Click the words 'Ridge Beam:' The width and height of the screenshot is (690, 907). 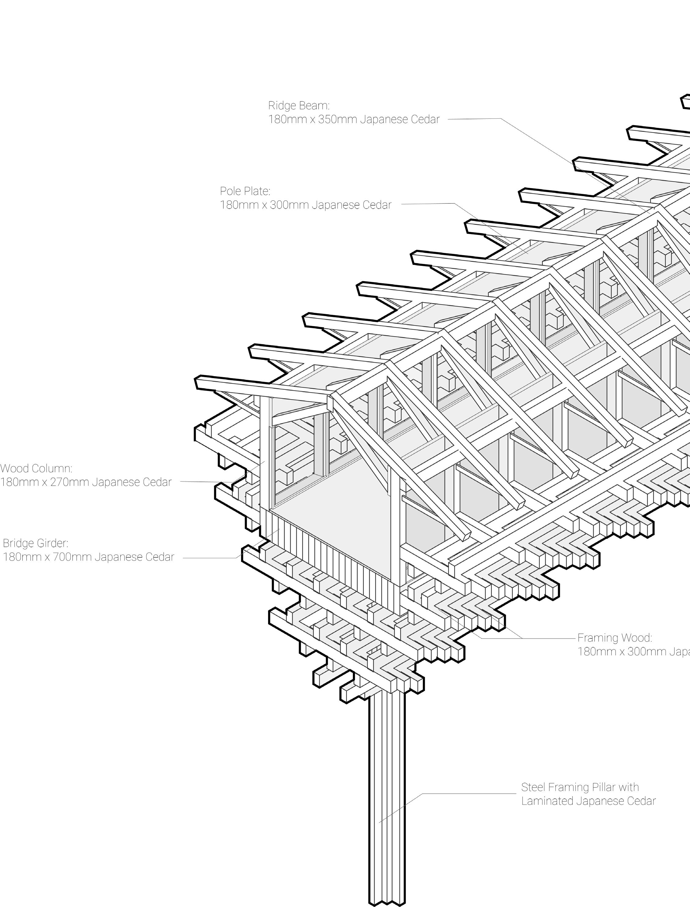point(299,106)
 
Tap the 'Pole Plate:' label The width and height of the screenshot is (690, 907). point(245,191)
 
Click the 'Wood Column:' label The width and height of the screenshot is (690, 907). point(36,468)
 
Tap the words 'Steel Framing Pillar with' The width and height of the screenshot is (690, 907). point(580,787)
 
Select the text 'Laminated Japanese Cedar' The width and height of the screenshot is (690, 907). point(588,801)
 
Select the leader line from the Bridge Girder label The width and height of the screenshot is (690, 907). point(210,558)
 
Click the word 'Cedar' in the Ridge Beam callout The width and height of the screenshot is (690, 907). point(426,120)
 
